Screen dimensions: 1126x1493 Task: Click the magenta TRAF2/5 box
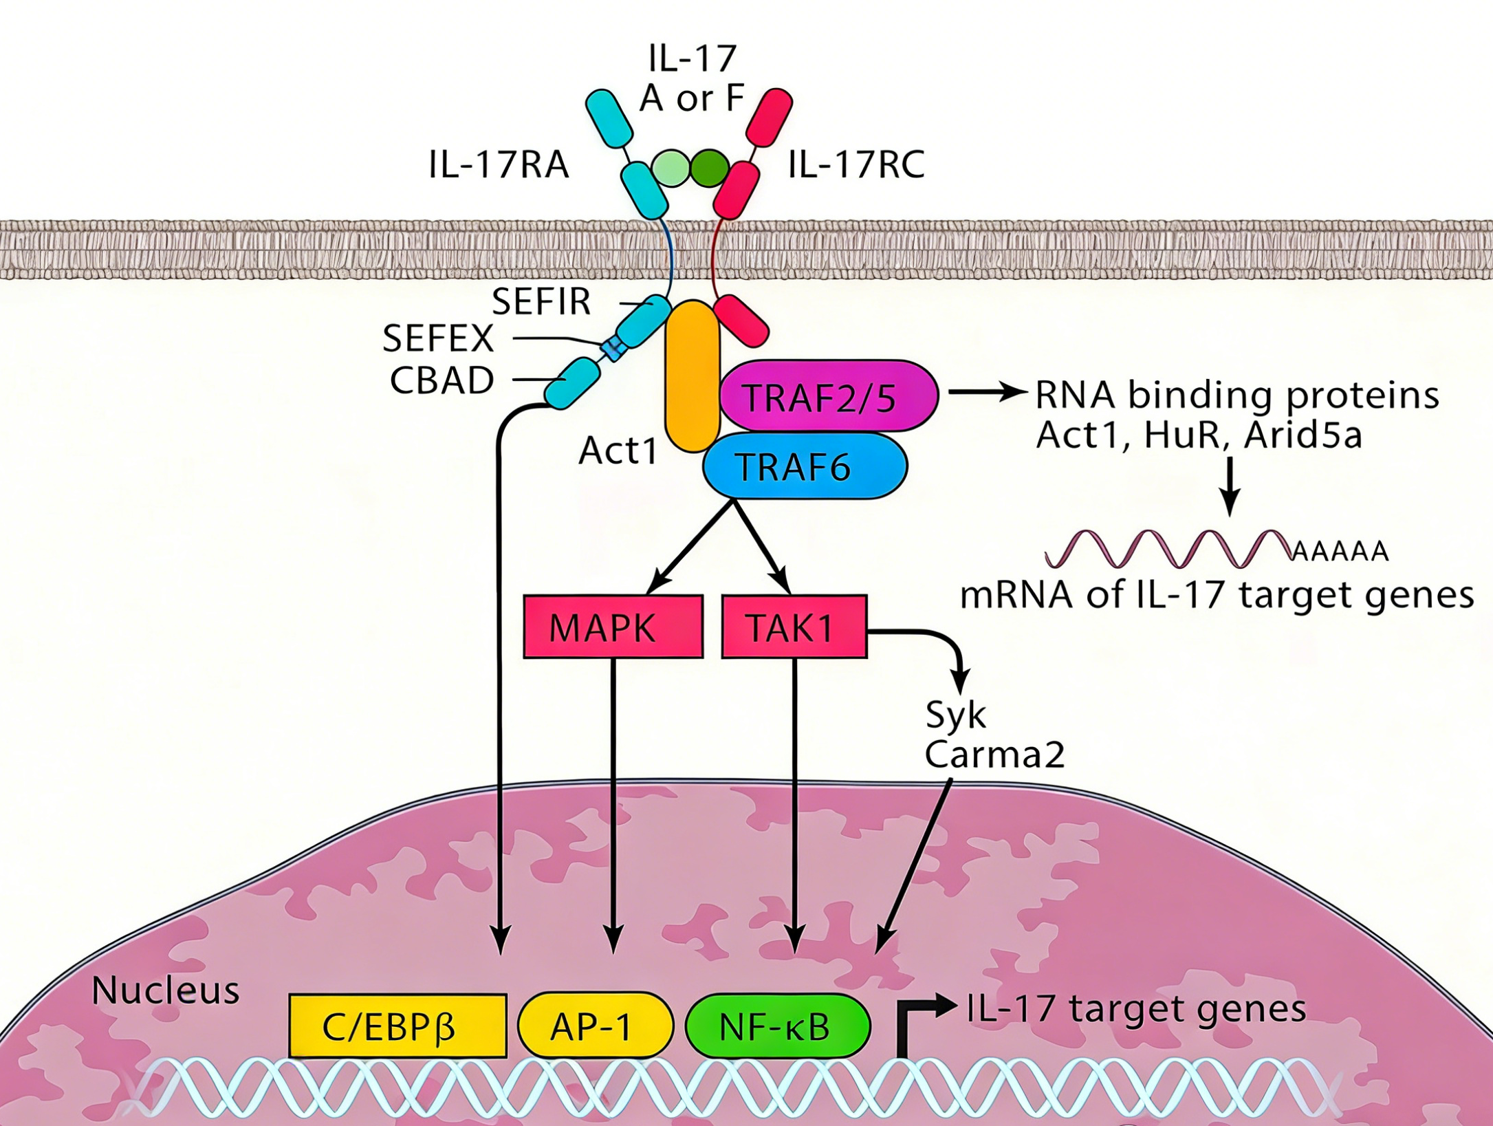[x=828, y=397]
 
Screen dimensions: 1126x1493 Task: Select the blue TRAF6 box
[x=805, y=466]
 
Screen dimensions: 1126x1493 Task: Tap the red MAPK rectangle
[x=613, y=627]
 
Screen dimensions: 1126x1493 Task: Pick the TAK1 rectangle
[x=794, y=627]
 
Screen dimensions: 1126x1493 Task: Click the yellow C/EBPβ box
[x=397, y=1026]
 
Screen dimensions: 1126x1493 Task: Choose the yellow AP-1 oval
[x=594, y=1026]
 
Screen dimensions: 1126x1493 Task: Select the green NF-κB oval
[x=778, y=1026]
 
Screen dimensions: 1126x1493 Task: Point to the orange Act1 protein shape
[x=692, y=375]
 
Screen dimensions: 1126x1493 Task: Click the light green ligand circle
[x=671, y=167]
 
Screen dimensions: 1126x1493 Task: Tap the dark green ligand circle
[x=709, y=167]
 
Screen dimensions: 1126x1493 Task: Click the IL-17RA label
[x=499, y=165]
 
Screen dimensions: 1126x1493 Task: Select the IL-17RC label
[x=856, y=165]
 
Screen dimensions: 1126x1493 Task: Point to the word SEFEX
[x=438, y=338]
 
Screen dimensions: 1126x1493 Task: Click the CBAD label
[x=442, y=380]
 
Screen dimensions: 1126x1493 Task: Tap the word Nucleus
[x=165, y=990]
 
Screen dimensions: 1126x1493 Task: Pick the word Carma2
[x=994, y=754]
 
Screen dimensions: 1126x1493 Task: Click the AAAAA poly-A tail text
[x=1340, y=551]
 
